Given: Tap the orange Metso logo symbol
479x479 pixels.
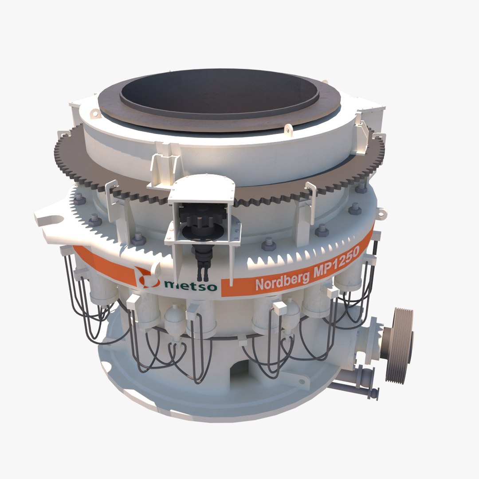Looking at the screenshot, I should pos(147,277).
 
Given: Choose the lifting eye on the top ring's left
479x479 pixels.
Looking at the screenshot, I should pos(94,114).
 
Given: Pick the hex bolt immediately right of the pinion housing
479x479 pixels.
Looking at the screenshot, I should pos(268,243).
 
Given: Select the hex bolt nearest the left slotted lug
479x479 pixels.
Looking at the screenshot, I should pos(95,219).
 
